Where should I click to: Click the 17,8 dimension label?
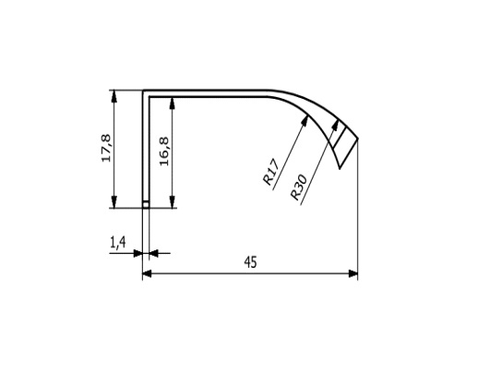click(106, 149)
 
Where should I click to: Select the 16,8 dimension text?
click(164, 151)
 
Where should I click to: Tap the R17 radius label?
click(271, 172)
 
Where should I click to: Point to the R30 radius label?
click(299, 187)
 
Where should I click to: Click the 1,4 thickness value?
click(118, 242)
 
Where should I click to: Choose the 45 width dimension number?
click(250, 262)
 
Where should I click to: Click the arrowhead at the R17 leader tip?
click(305, 120)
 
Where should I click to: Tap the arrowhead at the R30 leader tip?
click(335, 126)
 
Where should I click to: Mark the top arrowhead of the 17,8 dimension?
click(114, 96)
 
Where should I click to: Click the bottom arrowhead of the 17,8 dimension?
click(114, 202)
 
